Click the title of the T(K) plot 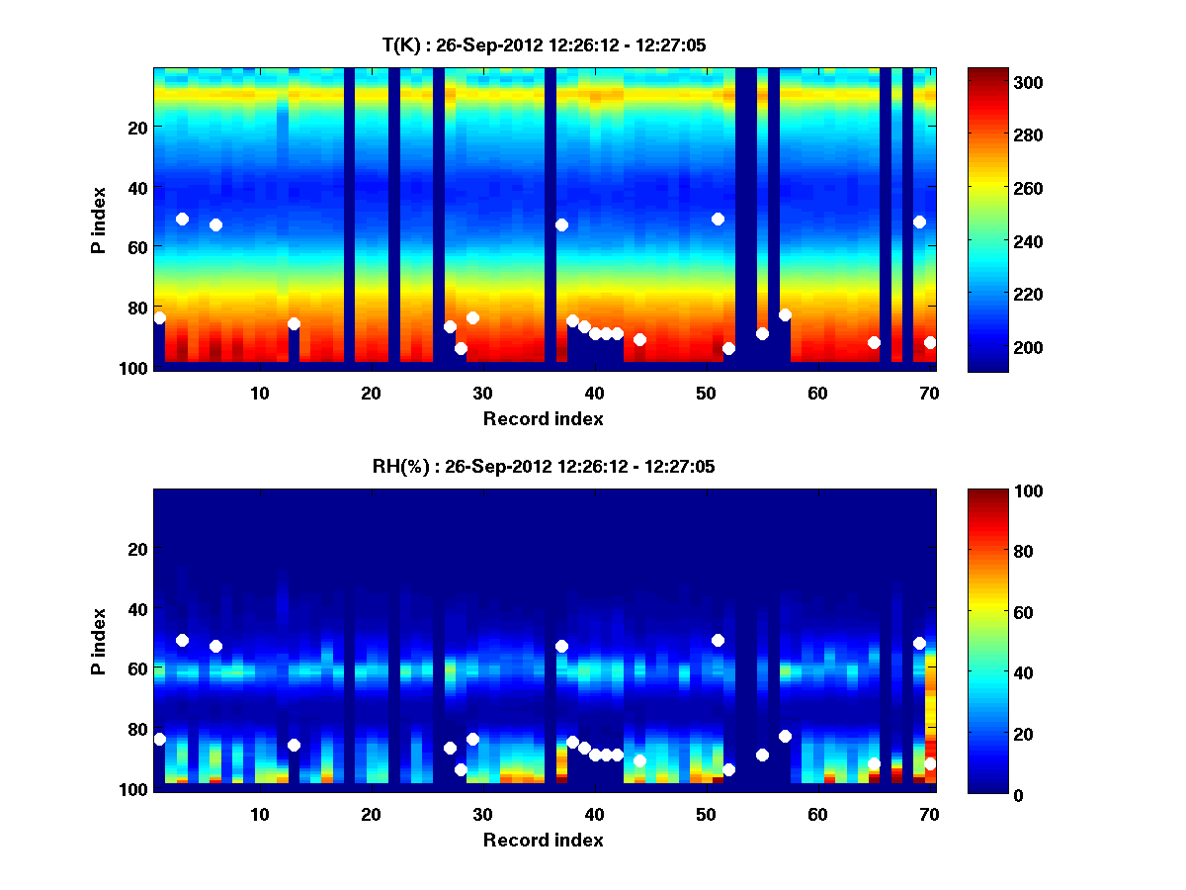[544, 44]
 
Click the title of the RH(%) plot [544, 466]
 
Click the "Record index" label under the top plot [544, 418]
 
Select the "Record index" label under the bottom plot [544, 840]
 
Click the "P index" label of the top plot [98, 219]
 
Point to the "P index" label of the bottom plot [98, 640]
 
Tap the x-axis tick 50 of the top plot [706, 393]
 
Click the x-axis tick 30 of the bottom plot [482, 814]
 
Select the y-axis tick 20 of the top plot [136, 127]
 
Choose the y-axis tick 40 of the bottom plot [136, 608]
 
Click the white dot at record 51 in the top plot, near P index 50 [718, 219]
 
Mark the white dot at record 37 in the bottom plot [561, 646]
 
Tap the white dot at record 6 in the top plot [215, 224]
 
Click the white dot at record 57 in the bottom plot [785, 736]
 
